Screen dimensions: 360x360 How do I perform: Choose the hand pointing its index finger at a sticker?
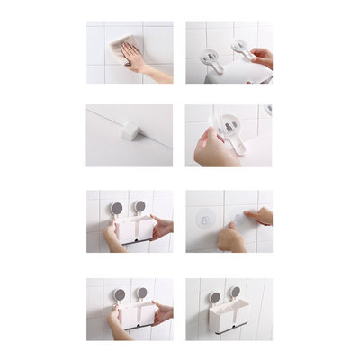coord(259,216)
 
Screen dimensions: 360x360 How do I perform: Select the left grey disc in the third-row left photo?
coord(116,208)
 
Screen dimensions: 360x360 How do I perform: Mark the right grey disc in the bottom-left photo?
coord(141,292)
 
